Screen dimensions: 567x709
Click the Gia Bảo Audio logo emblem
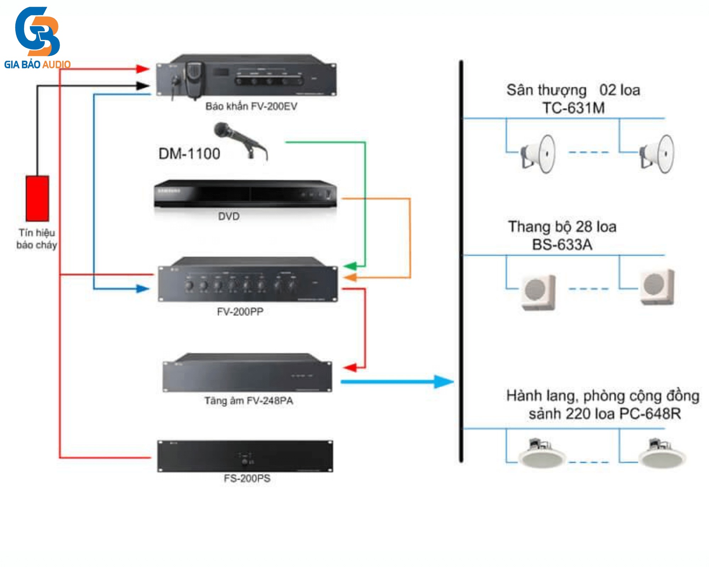(37, 32)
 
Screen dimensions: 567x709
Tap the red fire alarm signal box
(37, 198)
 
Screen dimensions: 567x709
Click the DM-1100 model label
(189, 154)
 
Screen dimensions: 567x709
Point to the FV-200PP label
(240, 311)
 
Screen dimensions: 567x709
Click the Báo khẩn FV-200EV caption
(251, 106)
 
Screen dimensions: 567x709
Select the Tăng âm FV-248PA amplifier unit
(247, 374)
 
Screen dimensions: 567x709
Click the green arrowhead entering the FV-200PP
(350, 266)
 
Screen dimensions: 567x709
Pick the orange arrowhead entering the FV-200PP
(350, 277)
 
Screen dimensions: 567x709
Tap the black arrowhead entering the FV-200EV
(143, 85)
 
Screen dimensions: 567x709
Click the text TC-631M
(574, 108)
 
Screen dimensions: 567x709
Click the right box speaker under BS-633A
(657, 287)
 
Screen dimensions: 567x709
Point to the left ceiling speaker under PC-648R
(541, 454)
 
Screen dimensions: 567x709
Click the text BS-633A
(562, 245)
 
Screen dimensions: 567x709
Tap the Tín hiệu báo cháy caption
(37, 238)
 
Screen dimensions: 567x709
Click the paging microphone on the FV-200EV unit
(194, 79)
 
